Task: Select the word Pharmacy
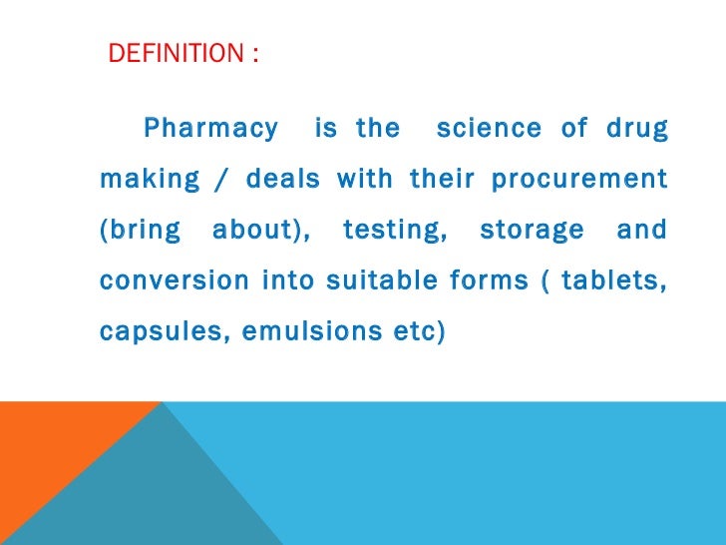(210, 129)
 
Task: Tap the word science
(489, 129)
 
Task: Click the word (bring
(141, 231)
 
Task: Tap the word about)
(261, 231)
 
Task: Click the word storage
(532, 231)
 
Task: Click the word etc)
(413, 330)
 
